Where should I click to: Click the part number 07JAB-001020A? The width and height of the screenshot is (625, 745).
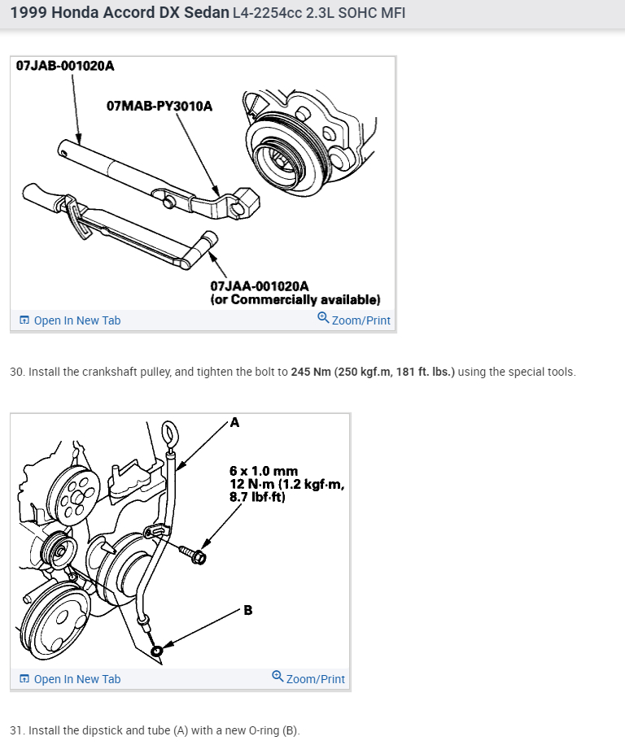[65, 66]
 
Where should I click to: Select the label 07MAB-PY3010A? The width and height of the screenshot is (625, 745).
[160, 106]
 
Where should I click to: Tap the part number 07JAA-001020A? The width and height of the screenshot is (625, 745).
[260, 286]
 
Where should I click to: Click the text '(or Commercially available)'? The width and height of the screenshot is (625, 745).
[295, 299]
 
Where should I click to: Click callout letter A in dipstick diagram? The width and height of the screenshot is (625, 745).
[235, 422]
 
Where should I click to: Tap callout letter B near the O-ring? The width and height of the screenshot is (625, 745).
[247, 610]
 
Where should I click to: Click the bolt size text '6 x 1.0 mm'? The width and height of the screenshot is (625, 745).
[264, 471]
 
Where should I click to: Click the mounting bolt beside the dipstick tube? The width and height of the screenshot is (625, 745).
[195, 556]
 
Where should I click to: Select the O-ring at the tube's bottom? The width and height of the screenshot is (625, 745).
[156, 651]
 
